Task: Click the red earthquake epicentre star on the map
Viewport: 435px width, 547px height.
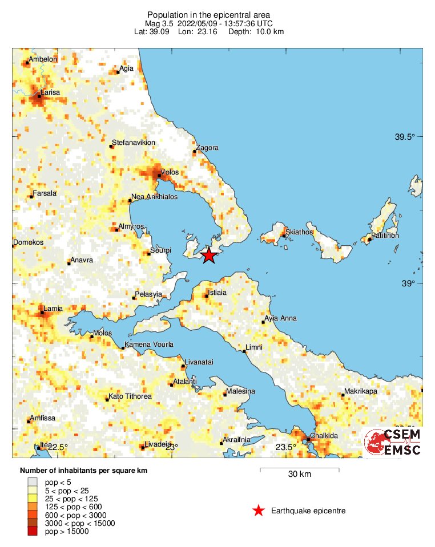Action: click(209, 255)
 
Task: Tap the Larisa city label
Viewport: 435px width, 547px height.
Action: click(50, 92)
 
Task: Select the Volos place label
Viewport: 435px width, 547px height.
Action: click(170, 172)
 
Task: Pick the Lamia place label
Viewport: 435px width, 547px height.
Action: click(54, 309)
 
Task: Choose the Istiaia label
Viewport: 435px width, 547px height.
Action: click(217, 293)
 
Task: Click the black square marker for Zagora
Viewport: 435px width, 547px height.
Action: click(195, 152)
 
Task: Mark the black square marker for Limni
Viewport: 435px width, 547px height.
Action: click(244, 351)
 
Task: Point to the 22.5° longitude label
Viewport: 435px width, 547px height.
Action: click(58, 447)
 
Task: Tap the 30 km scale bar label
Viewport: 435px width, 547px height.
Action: click(299, 475)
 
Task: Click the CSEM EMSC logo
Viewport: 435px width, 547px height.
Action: click(393, 443)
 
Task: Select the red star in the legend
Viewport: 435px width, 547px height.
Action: click(259, 510)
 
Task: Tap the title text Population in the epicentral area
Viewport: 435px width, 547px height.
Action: click(208, 15)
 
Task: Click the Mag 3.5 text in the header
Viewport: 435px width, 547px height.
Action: click(159, 23)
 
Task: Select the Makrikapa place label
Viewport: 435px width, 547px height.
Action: click(360, 392)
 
